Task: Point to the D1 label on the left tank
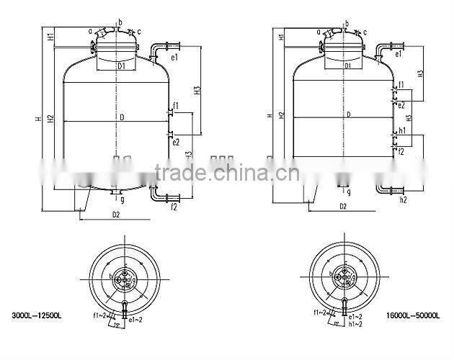point(122,66)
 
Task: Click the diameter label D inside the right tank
point(348,114)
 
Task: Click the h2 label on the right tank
point(404,199)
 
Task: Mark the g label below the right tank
point(348,192)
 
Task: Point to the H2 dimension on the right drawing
point(282,114)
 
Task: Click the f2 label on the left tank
point(174,207)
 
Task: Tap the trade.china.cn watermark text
point(223,173)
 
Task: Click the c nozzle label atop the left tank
point(138,32)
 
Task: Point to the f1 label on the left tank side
point(176,106)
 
